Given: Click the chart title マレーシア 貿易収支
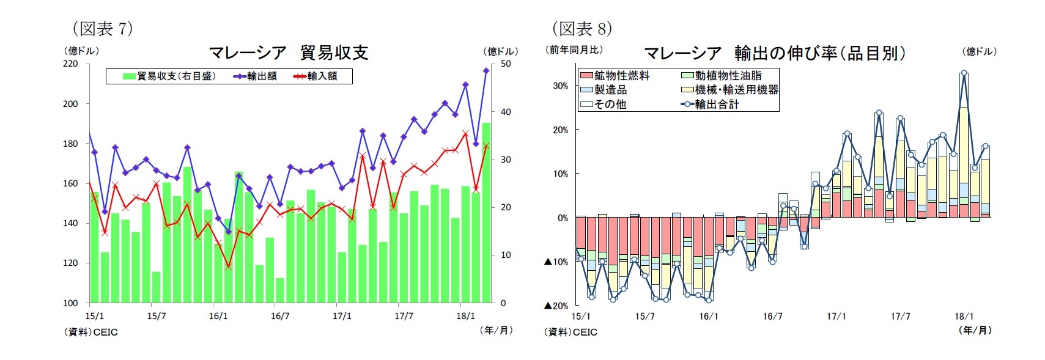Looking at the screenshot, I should click(x=288, y=53).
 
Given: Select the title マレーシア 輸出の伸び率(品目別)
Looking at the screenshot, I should click(x=774, y=53).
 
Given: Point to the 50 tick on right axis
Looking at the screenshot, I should click(x=506, y=64).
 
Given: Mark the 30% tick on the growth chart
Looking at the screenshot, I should click(x=560, y=86).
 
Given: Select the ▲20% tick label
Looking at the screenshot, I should click(x=556, y=306).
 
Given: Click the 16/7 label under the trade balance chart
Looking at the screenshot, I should click(x=280, y=316).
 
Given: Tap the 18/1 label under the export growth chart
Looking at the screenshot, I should click(x=964, y=316).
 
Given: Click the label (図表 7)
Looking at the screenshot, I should click(x=102, y=28).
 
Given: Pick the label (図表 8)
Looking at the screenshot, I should click(x=582, y=28).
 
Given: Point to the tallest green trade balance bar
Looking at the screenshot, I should click(x=486, y=214).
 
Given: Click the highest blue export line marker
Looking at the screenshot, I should click(x=486, y=71).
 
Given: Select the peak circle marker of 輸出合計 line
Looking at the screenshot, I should click(x=964, y=73).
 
